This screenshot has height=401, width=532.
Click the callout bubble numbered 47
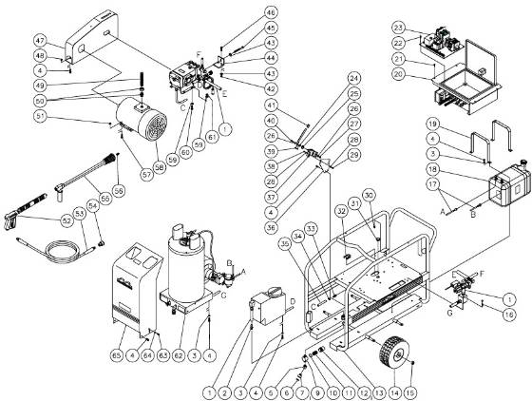pos(41,42)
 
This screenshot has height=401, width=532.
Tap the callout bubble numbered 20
pos(398,73)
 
